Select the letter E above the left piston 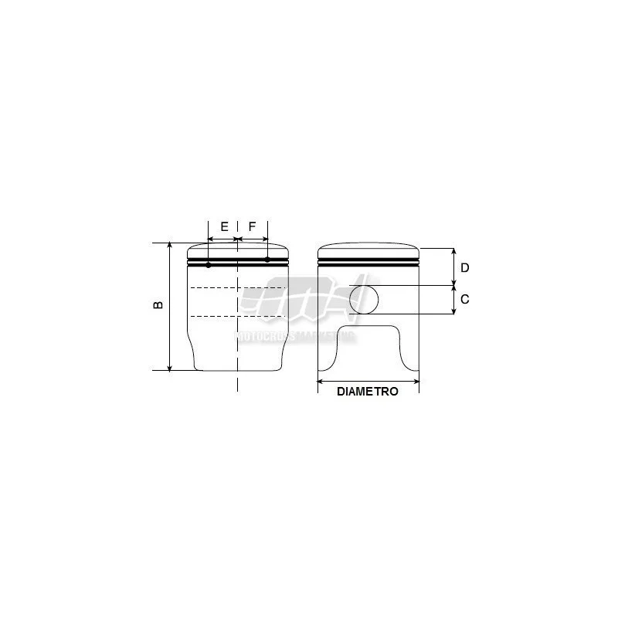point(224,227)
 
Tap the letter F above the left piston point(253,227)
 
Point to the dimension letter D point(465,267)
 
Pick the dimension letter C point(465,299)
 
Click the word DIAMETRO point(368,392)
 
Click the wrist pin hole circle point(365,299)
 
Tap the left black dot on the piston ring point(209,265)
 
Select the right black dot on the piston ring point(267,260)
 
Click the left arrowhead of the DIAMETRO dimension point(321,381)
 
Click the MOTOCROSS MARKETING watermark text point(294,337)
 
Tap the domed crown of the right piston point(368,250)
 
